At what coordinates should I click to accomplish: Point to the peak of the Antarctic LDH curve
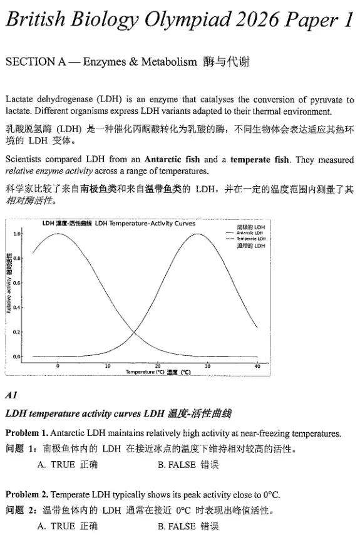point(59,234)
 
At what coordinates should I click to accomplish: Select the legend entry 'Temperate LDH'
point(250,239)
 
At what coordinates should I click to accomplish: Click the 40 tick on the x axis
point(257,365)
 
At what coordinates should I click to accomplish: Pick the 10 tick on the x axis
point(108,365)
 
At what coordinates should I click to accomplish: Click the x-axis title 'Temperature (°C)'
point(144,372)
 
